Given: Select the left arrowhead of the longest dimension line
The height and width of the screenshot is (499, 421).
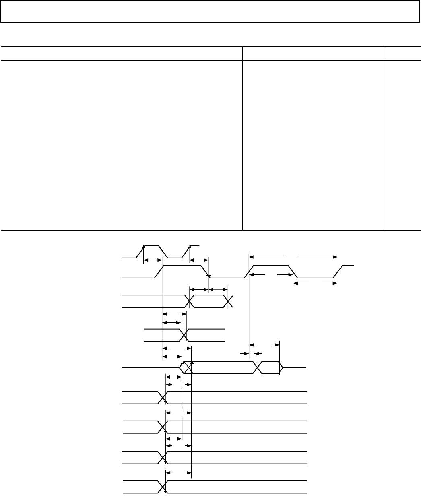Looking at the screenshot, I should [x=250, y=256].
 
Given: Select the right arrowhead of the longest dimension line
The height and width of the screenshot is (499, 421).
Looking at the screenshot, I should [x=336, y=256].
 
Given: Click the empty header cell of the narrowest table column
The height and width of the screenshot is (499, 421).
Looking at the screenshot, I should [x=403, y=54].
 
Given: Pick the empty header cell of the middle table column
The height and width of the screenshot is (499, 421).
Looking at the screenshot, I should [x=314, y=54].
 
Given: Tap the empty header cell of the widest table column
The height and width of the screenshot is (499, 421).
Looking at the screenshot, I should [x=122, y=54].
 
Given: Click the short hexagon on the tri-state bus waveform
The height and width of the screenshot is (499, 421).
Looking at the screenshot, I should [x=268, y=368].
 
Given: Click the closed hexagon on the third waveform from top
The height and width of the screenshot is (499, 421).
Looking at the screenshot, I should [x=208, y=301].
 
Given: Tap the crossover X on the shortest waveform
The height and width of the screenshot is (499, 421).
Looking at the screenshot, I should [x=184, y=335].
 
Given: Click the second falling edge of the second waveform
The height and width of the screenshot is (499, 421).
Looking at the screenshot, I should [x=293, y=272].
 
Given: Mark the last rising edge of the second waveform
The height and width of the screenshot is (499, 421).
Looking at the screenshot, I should [x=338, y=272].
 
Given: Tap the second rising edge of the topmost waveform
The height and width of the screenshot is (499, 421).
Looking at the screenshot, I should [x=188, y=251].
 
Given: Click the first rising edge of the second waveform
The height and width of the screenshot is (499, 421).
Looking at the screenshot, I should [x=159, y=272].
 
